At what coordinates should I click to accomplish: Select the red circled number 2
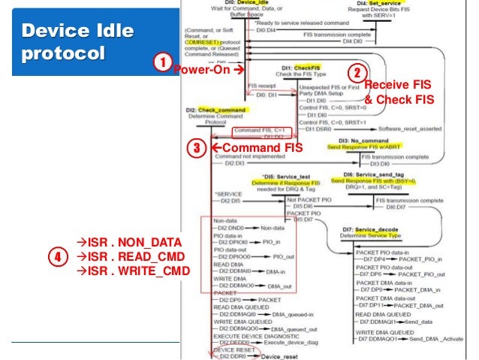358,74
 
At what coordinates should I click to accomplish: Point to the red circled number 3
194,148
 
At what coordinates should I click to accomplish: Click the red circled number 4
55,256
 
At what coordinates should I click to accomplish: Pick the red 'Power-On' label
206,71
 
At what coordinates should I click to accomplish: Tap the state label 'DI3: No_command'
363,141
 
